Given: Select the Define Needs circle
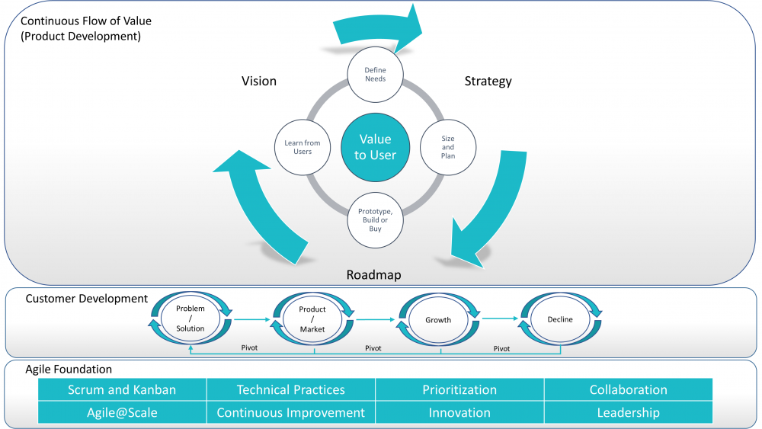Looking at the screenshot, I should click(375, 75).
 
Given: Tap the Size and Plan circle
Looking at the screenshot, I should click(448, 146).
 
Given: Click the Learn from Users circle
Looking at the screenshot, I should click(302, 146).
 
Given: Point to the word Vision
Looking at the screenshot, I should click(259, 81).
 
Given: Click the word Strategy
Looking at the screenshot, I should click(488, 81).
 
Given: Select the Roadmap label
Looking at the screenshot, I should click(374, 275).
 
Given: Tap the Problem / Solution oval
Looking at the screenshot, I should click(190, 319).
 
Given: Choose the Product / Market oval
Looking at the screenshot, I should click(312, 319).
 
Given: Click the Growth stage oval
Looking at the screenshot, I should click(438, 320).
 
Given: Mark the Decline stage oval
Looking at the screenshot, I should click(560, 319).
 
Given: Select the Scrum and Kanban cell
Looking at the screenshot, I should click(122, 389).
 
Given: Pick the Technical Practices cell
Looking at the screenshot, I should click(290, 389).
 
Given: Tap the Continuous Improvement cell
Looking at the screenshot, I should click(290, 412).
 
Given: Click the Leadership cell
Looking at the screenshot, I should click(628, 412).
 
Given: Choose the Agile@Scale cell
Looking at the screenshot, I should click(122, 412).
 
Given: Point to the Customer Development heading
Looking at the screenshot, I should click(87, 299).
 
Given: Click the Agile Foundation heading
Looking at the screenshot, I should click(69, 369).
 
